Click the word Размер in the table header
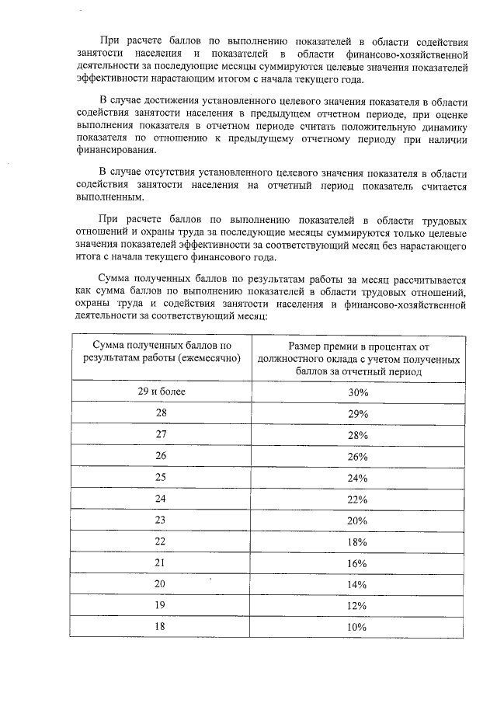[305, 346]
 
